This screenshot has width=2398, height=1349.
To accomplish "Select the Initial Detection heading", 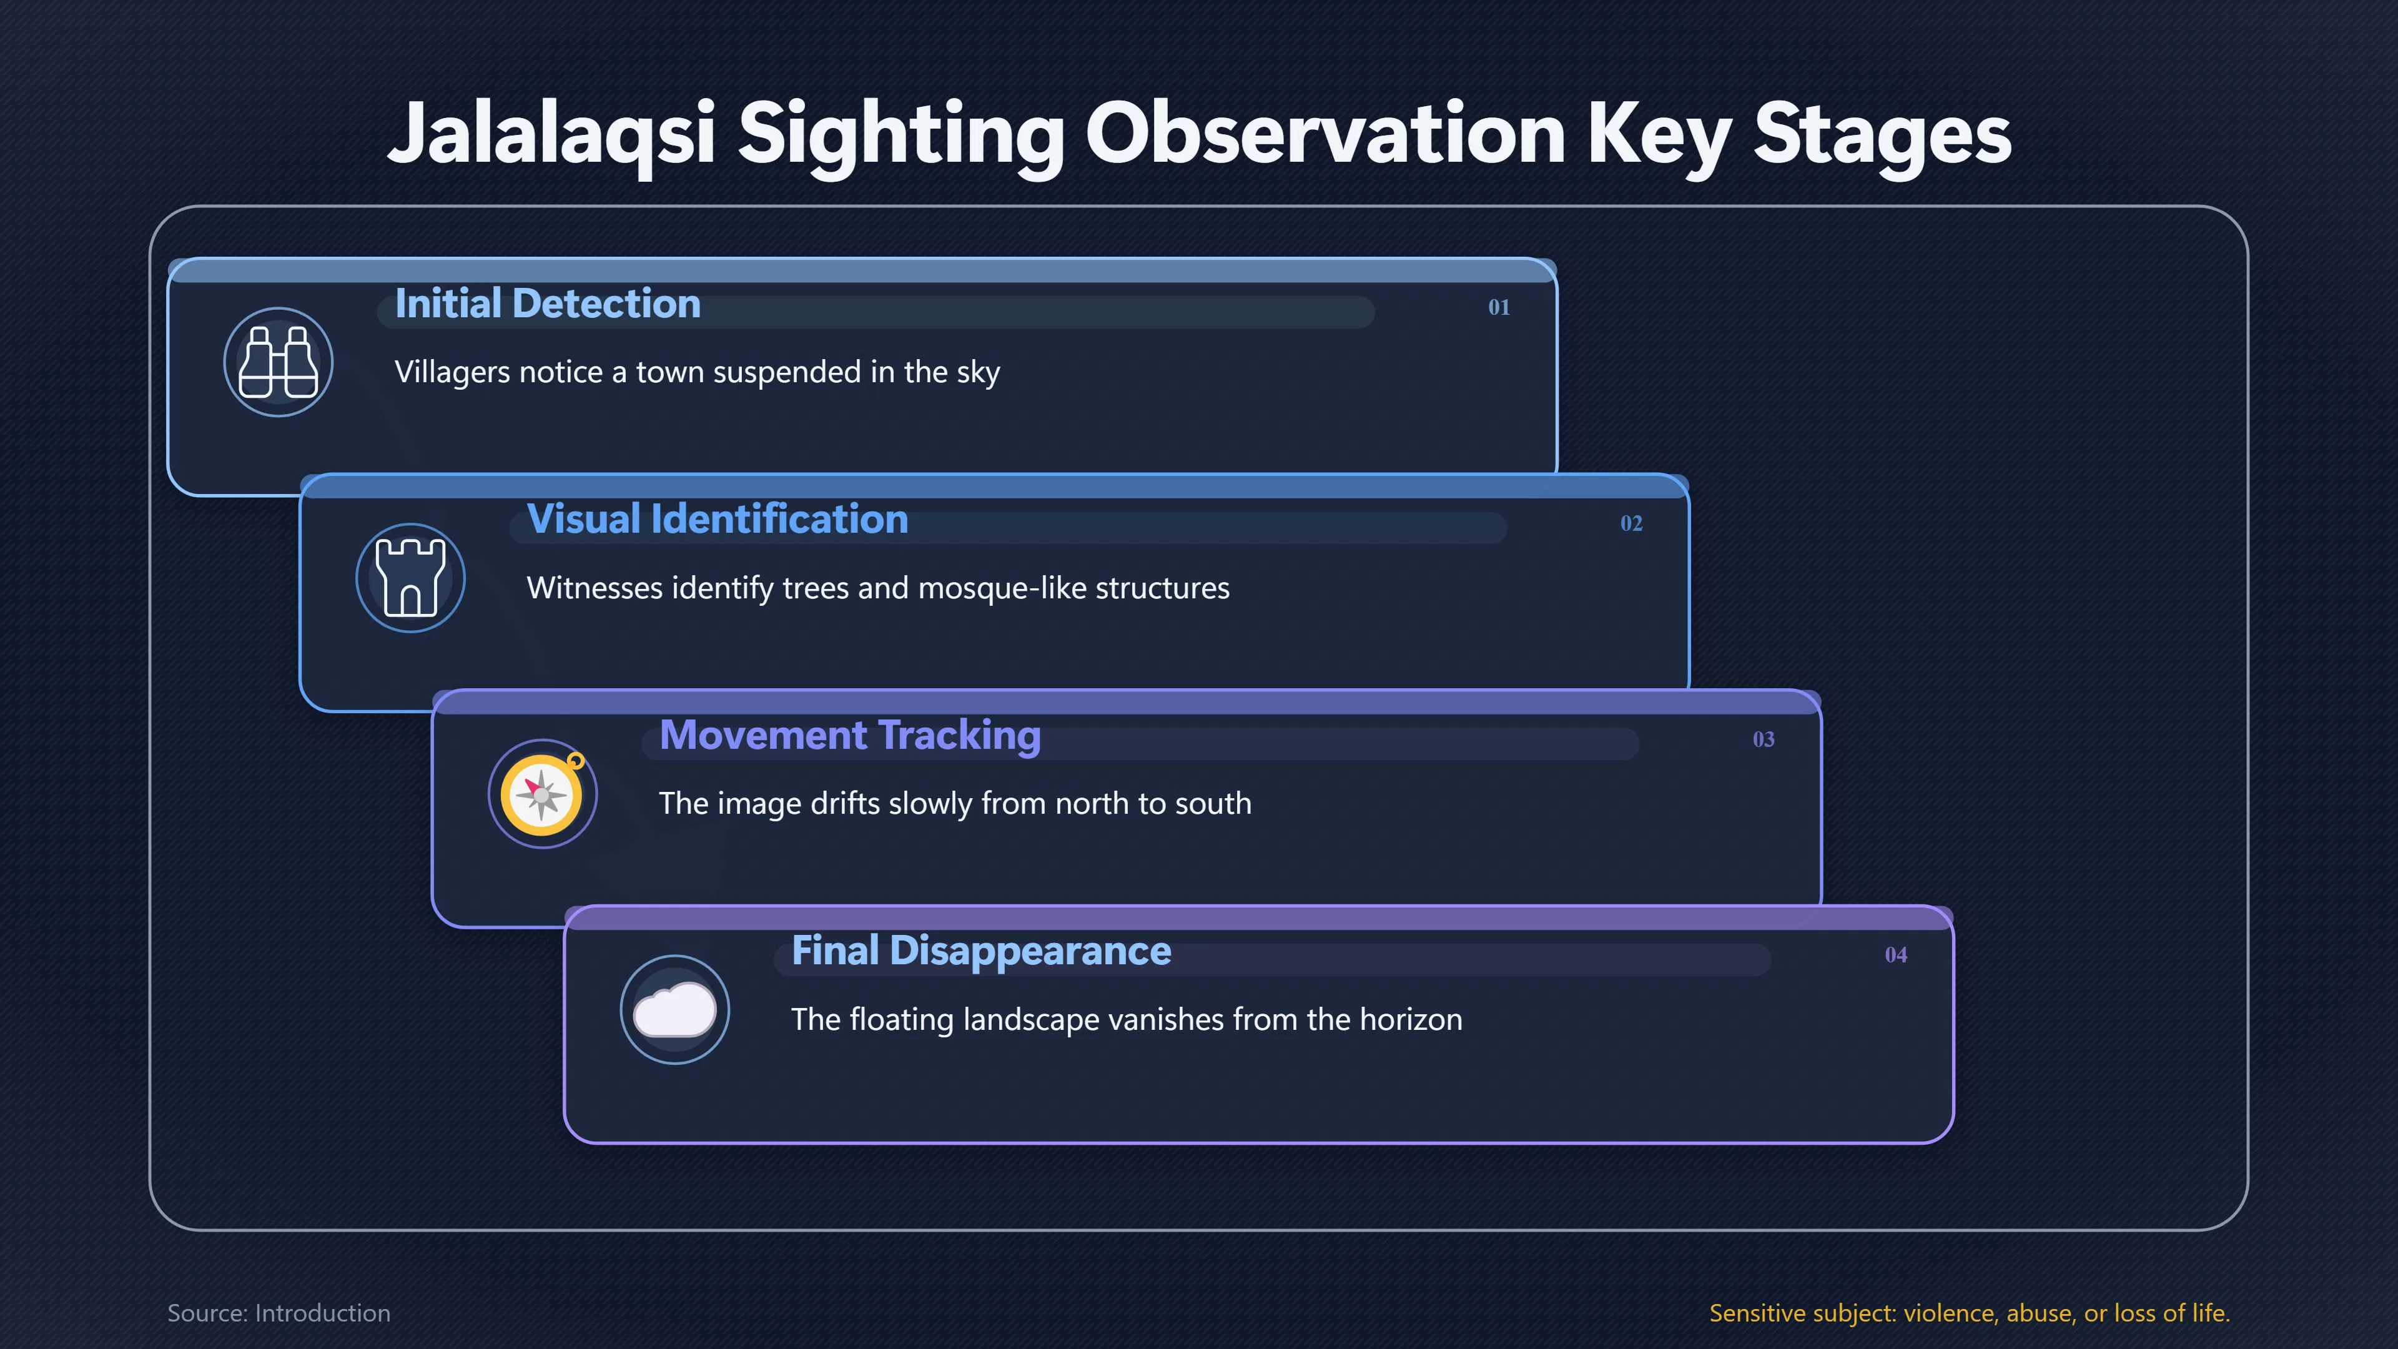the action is click(x=548, y=304).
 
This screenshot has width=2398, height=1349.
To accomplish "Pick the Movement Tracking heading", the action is click(x=850, y=736).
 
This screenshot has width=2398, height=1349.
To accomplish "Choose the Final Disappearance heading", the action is click(x=981, y=951).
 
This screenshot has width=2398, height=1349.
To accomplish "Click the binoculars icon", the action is click(x=279, y=362).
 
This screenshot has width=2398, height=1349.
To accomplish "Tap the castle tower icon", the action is click(x=410, y=578).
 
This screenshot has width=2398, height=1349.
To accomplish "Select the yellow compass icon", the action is click(x=543, y=793).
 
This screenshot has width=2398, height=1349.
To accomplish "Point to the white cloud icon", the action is click(x=675, y=1009).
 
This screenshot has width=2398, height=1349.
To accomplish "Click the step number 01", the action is click(x=1499, y=307).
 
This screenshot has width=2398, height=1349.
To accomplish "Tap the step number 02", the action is click(x=1631, y=523).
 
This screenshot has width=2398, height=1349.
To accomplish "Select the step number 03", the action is click(x=1763, y=739).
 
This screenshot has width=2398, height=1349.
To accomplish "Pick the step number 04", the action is click(x=1895, y=955).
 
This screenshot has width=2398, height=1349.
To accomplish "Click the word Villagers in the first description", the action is click(x=452, y=372).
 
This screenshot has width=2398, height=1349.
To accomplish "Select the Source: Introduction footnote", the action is click(x=279, y=1313).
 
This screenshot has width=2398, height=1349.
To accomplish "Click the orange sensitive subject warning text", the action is click(x=1970, y=1313).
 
